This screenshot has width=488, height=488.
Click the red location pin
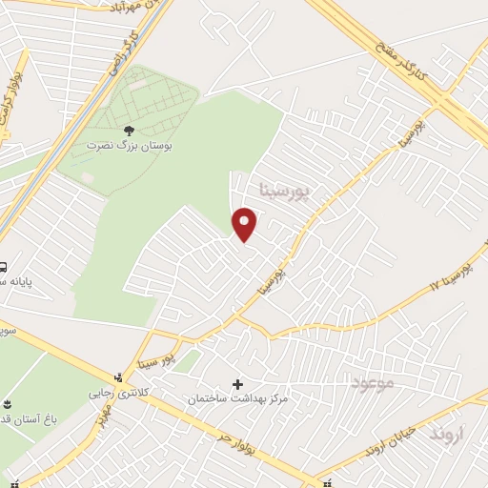coord(246,223)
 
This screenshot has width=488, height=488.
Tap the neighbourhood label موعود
coord(373,383)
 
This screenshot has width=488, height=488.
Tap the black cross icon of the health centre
coord(237,383)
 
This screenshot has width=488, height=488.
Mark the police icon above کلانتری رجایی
coord(118,376)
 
